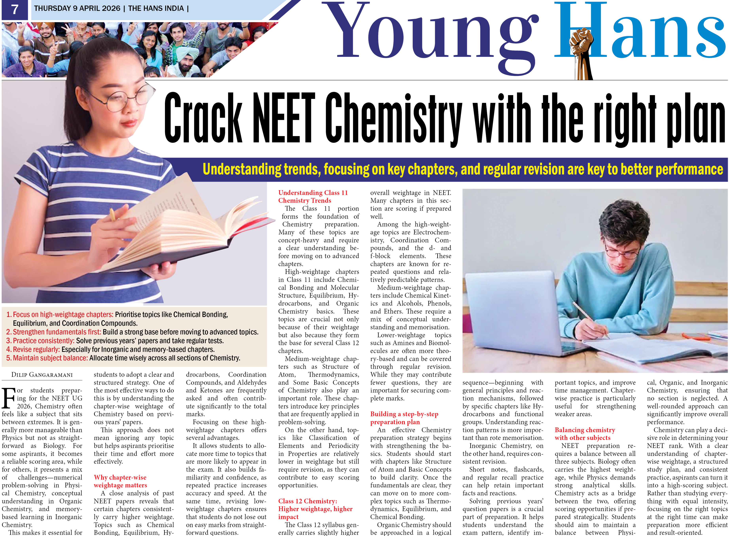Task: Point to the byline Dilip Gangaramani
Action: pyautogui.click(x=42, y=375)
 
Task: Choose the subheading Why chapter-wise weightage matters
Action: pyautogui.click(x=120, y=481)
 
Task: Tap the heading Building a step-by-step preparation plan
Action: pyautogui.click(x=404, y=418)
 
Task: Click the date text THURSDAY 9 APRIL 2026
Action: pyautogui.click(x=77, y=9)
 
